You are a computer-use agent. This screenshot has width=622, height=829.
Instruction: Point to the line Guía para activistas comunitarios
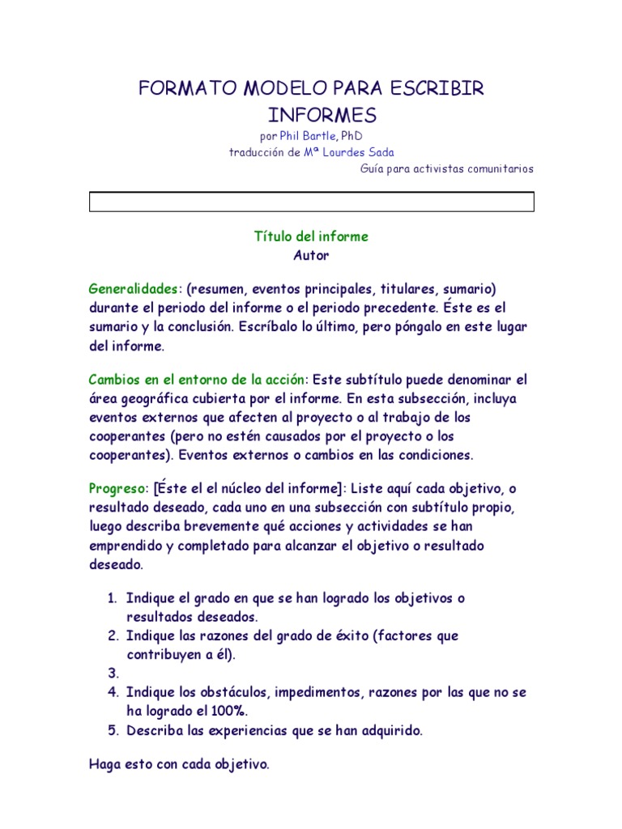(x=447, y=168)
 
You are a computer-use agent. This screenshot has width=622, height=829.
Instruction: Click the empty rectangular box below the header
(x=311, y=202)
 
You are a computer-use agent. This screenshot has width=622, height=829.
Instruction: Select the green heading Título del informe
(x=311, y=236)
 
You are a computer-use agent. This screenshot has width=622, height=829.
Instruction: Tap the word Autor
(x=311, y=255)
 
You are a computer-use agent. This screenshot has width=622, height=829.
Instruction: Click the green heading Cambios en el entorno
(x=198, y=380)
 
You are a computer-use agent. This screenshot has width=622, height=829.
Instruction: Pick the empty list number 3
(x=113, y=674)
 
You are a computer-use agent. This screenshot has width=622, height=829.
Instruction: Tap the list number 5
(x=113, y=730)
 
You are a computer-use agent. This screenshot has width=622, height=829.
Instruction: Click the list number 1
(x=113, y=598)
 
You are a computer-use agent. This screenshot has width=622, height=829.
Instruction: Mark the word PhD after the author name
(x=363, y=136)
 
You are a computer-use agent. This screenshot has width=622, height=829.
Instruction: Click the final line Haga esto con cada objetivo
(x=178, y=763)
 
